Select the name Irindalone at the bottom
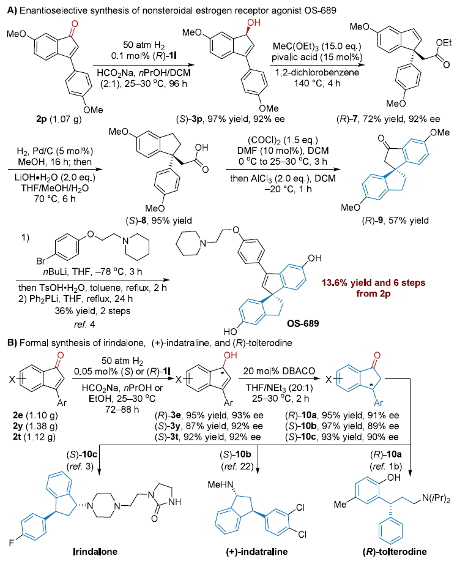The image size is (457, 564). click(73, 555)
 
